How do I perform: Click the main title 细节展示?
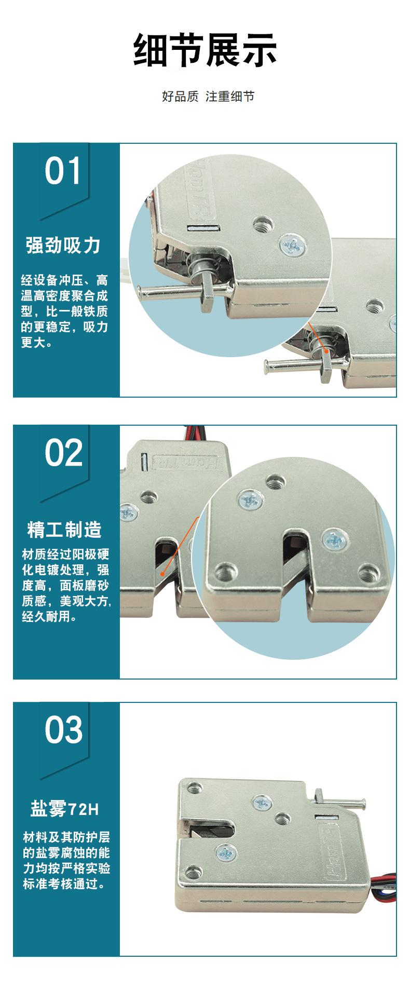(x=205, y=50)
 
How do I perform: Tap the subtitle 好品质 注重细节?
(x=208, y=97)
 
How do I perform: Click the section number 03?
(x=63, y=729)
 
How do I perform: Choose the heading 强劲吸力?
(x=63, y=245)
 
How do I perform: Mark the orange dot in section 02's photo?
(x=164, y=574)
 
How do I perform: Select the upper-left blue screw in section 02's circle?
(x=246, y=500)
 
